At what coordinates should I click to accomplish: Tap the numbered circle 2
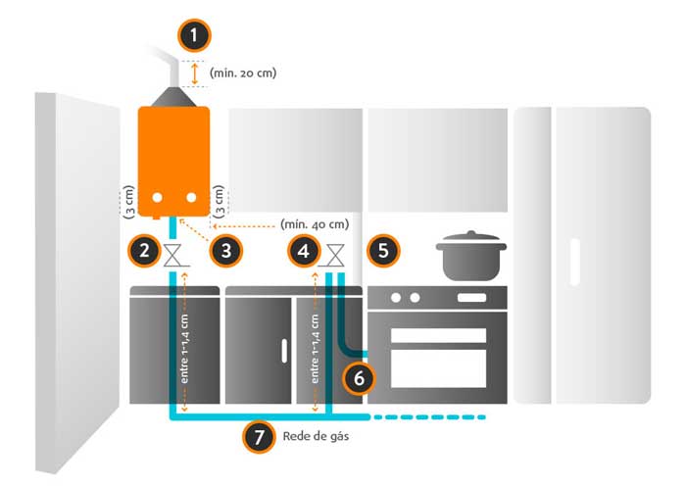(x=144, y=251)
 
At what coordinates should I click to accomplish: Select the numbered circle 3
(x=226, y=251)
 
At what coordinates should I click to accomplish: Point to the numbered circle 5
(x=383, y=251)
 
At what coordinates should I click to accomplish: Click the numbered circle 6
(x=360, y=376)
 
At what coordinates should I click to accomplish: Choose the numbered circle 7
(x=258, y=437)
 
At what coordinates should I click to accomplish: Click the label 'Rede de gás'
(x=315, y=437)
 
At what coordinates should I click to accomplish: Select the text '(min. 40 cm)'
(x=314, y=223)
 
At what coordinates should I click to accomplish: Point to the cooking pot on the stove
(x=471, y=257)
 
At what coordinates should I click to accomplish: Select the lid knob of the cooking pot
(x=471, y=234)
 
